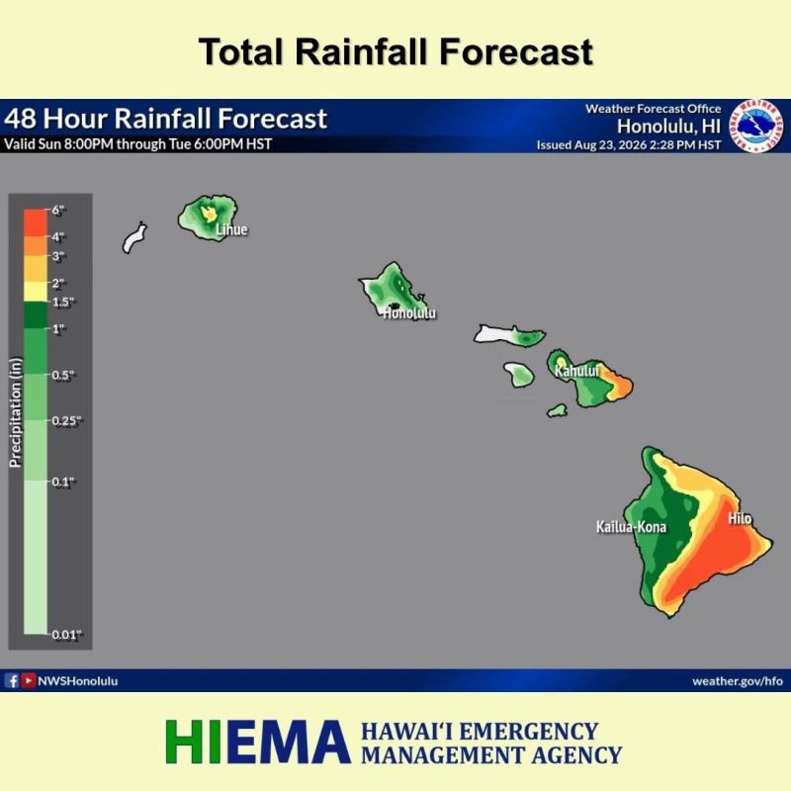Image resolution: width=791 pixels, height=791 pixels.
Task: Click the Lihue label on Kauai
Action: (231, 229)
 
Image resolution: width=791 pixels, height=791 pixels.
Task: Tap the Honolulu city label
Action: (409, 313)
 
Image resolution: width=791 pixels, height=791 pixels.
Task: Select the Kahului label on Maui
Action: (577, 371)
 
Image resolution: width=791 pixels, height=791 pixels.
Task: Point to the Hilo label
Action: (740, 518)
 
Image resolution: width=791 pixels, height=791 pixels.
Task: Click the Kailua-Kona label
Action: (631, 527)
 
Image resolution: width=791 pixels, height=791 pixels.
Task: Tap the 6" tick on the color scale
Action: (58, 210)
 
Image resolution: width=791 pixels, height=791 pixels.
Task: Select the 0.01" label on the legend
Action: (66, 635)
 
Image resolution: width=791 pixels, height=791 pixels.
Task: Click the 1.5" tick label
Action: (63, 303)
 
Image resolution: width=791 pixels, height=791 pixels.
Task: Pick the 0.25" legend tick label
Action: (66, 421)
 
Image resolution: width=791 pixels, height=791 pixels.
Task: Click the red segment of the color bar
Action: (36, 222)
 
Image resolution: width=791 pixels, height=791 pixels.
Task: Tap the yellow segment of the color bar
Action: (36, 292)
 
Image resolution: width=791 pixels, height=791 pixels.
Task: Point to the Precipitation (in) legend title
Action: (16, 412)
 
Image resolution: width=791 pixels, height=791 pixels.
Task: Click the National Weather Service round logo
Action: (756, 126)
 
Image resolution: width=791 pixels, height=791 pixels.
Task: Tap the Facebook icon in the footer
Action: (12, 681)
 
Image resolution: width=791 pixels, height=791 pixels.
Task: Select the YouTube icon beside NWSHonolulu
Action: (29, 681)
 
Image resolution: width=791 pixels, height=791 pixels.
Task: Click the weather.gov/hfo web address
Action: (738, 681)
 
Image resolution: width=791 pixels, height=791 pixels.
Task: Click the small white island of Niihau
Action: (134, 237)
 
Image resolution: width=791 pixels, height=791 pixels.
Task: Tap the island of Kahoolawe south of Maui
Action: (557, 410)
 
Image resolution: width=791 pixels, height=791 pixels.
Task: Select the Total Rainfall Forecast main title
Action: (396, 51)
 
